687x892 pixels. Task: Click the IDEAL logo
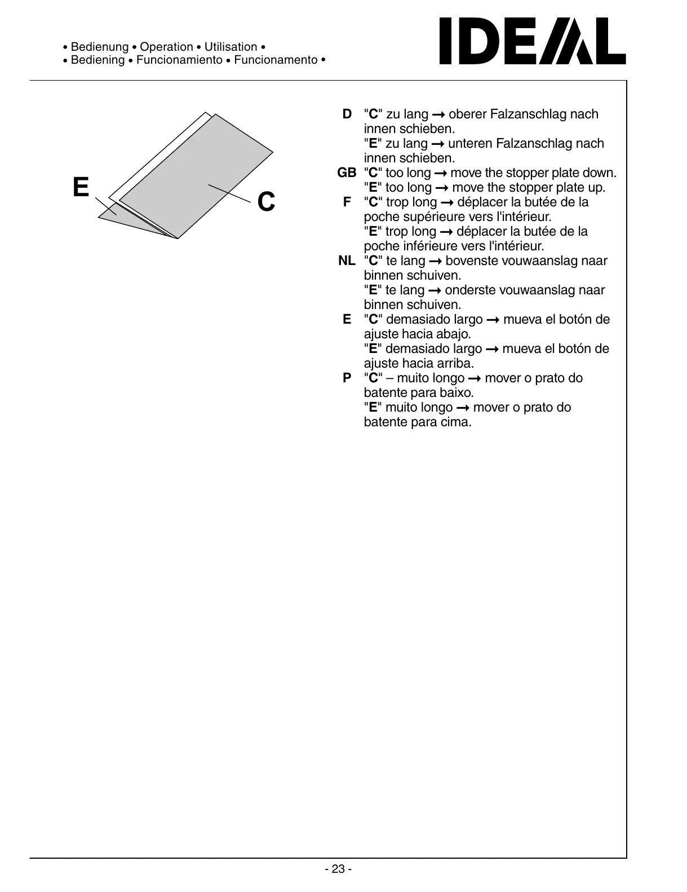(x=532, y=41)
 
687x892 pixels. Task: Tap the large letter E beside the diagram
(x=81, y=187)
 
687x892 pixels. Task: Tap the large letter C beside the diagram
(x=266, y=202)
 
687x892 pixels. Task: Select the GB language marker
(x=347, y=173)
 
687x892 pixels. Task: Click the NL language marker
(x=347, y=261)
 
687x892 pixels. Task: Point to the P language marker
(x=347, y=378)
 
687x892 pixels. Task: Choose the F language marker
(x=347, y=202)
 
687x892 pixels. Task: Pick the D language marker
(x=347, y=114)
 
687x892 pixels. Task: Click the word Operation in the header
(x=166, y=47)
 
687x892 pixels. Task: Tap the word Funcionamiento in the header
(x=179, y=60)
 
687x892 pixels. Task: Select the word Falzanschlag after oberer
(x=529, y=114)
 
